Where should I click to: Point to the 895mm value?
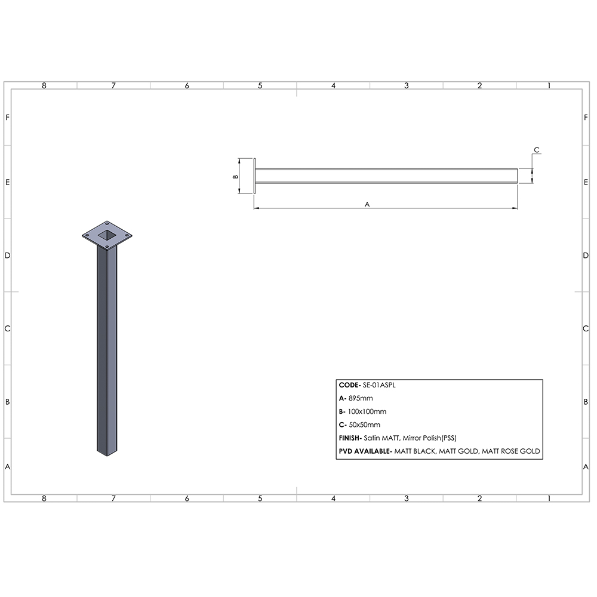(x=361, y=399)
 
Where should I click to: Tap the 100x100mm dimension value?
(x=367, y=412)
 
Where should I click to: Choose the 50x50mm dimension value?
(x=364, y=425)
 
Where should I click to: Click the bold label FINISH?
(x=350, y=438)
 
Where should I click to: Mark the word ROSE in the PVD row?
(x=510, y=451)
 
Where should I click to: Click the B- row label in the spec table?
(x=342, y=412)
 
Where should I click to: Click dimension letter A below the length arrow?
(x=368, y=204)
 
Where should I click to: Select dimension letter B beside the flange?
(x=235, y=177)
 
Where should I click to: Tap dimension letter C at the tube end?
(x=536, y=150)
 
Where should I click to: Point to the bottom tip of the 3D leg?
(x=107, y=455)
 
